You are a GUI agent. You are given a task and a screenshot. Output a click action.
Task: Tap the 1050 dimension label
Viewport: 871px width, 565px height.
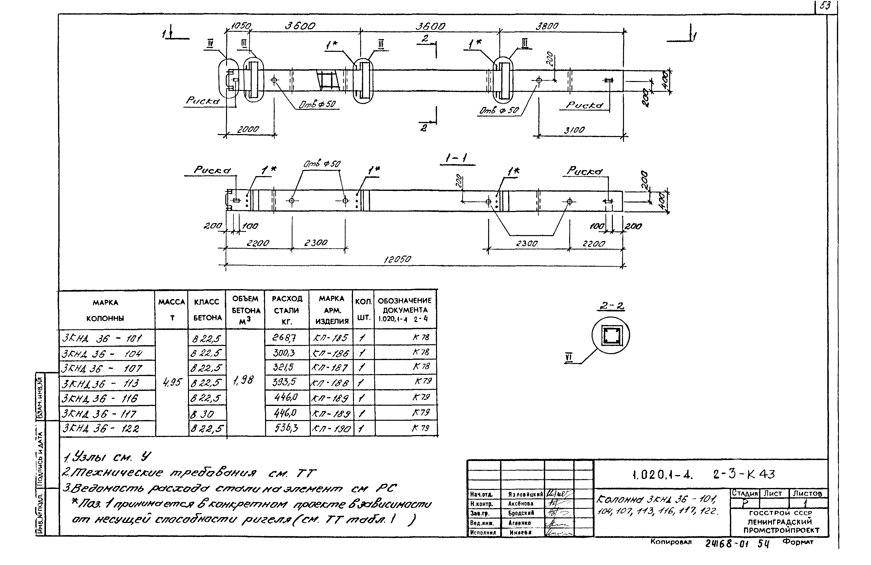point(240,26)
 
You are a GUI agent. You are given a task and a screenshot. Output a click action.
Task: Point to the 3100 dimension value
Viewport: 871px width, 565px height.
point(574,130)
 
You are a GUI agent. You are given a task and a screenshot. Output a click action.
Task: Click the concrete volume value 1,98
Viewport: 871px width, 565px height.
point(243,381)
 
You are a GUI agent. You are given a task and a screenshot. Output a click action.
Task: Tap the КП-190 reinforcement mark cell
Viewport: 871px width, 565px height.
point(331,428)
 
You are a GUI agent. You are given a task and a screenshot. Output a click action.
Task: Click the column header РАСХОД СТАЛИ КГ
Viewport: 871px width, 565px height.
point(287,310)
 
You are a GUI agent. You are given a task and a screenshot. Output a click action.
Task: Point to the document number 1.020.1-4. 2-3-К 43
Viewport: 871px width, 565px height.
point(703,474)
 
